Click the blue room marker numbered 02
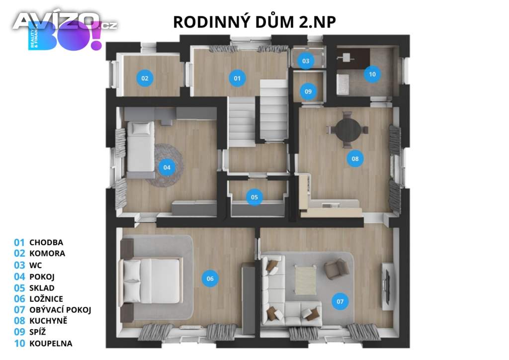[145, 78]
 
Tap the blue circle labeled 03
[306, 61]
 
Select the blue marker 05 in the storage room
[254, 197]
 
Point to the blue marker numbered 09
[308, 91]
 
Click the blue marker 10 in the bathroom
[372, 74]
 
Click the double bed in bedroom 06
[151, 281]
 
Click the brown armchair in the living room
[337, 269]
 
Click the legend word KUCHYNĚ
[48, 321]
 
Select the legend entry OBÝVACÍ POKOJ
[60, 310]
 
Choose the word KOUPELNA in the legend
[51, 344]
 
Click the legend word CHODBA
[46, 243]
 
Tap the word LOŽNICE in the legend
[46, 299]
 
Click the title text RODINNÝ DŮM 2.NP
[254, 22]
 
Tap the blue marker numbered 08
[355, 159]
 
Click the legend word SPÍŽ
[38, 332]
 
